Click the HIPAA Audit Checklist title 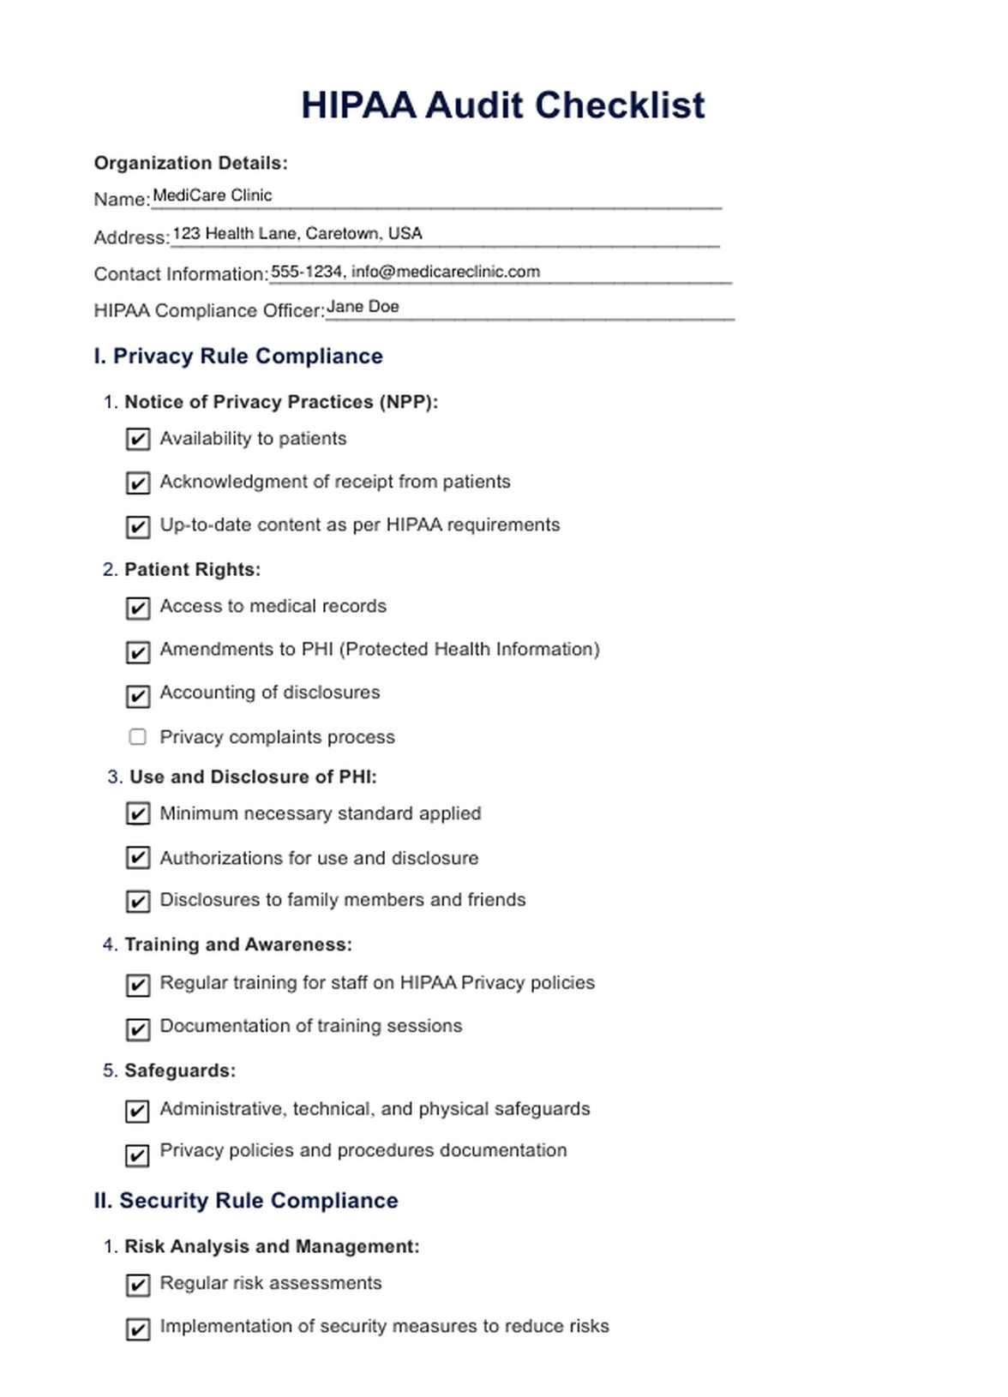tap(502, 105)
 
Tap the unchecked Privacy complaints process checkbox tap(137, 737)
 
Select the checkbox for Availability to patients tap(138, 440)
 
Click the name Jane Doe tap(363, 307)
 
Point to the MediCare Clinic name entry tap(212, 195)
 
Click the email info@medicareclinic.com tap(446, 272)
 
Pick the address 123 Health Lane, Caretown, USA tap(297, 233)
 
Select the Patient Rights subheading tap(192, 570)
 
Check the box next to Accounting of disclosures tap(138, 696)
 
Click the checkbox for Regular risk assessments tap(138, 1285)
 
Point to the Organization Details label tap(190, 163)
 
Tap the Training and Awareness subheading tap(237, 944)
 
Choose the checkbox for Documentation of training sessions tap(138, 1028)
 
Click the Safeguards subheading tap(179, 1070)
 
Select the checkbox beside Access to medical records tap(138, 609)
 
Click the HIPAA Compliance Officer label tap(209, 310)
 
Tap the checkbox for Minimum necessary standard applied tap(138, 813)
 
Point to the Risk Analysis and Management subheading tap(272, 1246)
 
